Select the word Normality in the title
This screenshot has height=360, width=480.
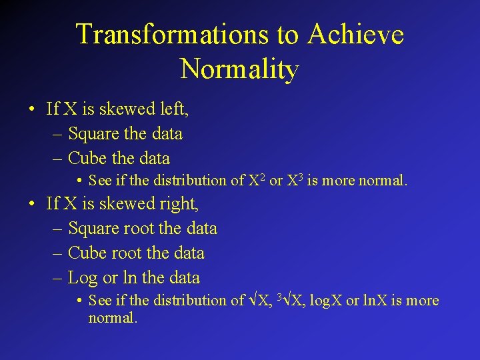pos(239,68)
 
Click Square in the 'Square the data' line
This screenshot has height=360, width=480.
pos(93,133)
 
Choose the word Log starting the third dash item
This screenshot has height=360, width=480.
pos(83,278)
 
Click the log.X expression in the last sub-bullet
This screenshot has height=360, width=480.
pos(325,301)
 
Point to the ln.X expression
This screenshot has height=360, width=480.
pos(374,301)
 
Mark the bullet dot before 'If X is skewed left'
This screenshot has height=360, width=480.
pos(32,109)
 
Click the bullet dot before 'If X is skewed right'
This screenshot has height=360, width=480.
pos(32,203)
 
